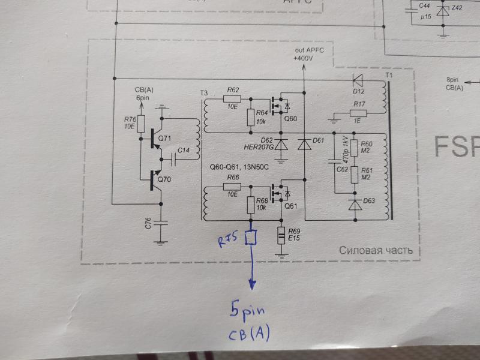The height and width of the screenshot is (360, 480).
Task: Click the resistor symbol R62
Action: [x=232, y=98]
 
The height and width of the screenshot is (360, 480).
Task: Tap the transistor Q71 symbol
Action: [x=156, y=139]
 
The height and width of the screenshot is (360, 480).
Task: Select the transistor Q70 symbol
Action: [x=156, y=180]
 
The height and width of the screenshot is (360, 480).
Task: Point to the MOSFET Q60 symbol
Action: [x=280, y=106]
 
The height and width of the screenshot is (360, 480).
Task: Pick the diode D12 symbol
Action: [x=357, y=81]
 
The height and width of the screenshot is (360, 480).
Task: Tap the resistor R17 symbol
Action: [x=358, y=113]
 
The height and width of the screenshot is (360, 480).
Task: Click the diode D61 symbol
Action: [x=304, y=144]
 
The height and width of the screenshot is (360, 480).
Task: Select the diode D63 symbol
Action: [x=355, y=204]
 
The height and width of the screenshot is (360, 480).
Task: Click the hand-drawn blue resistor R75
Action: [x=250, y=238]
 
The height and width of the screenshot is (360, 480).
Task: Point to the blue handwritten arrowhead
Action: [x=252, y=284]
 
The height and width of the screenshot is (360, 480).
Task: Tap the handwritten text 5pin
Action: [x=247, y=311]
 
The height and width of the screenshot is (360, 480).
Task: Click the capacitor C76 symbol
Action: [x=160, y=223]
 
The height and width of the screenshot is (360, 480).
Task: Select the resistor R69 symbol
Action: [x=281, y=235]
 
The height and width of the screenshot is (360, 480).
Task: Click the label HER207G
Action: [x=259, y=147]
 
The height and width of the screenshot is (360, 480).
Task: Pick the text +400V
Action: [x=303, y=58]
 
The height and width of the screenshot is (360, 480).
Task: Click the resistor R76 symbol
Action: [x=141, y=124]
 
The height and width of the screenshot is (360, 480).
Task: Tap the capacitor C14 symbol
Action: [x=173, y=160]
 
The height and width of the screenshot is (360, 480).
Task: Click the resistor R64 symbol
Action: [x=251, y=117]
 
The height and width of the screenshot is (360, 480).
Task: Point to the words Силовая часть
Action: [x=376, y=250]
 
